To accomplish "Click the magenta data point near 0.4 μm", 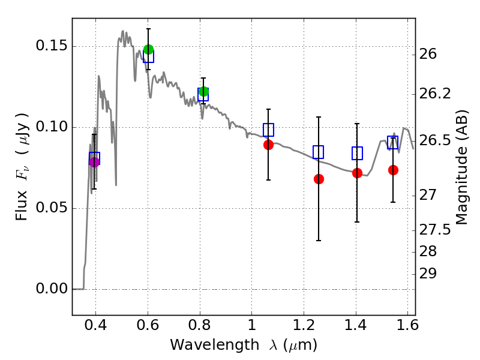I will click(x=94, y=161).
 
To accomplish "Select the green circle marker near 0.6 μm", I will click(x=149, y=49).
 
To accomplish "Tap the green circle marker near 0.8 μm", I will click(x=203, y=92).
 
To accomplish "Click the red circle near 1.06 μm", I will click(x=268, y=145).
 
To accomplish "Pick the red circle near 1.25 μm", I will click(x=319, y=179).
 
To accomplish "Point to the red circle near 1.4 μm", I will click(x=357, y=173).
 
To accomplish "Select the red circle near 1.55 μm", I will click(x=393, y=170).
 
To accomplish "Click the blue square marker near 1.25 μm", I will click(x=318, y=152).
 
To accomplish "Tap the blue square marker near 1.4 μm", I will click(x=357, y=154).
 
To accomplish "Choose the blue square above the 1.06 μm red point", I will click(x=268, y=130).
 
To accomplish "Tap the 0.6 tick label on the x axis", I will click(x=148, y=327).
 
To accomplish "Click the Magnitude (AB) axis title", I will click(x=462, y=167).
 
